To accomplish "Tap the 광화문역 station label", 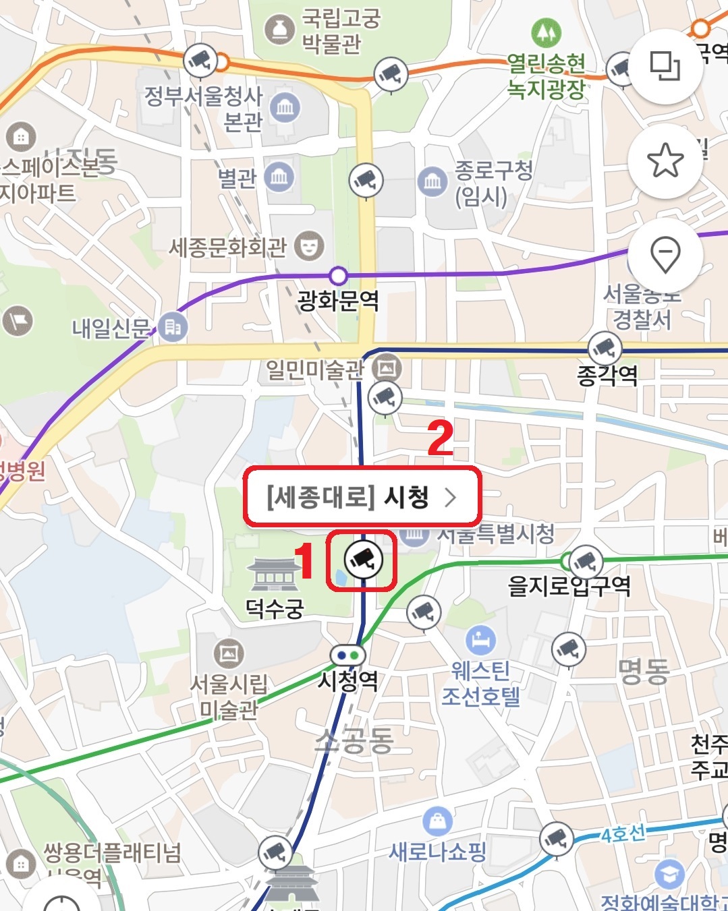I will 338,301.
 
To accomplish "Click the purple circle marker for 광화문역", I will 338,276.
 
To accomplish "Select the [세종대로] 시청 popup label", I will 362,498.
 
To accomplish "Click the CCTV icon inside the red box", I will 363,559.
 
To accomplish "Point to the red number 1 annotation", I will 305,561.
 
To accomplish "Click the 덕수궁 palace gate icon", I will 274,575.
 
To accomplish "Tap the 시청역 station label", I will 348,680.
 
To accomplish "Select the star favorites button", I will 665,160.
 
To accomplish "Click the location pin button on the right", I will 665,255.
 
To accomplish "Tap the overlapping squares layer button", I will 665,66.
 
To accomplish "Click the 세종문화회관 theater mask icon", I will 309,246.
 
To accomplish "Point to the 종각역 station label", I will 607,374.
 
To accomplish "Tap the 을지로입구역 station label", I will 569,585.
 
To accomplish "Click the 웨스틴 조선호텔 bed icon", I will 480,641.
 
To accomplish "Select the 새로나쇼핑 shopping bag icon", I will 437,821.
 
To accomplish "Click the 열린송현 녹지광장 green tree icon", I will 546,32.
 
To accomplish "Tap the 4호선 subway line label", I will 623,834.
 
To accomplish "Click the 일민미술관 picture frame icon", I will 387,368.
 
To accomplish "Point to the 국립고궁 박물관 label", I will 341,30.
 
